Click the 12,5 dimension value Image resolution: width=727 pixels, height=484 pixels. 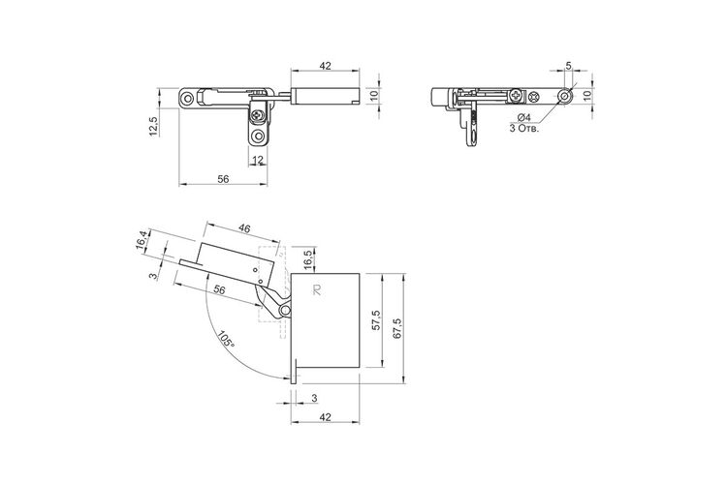coord(154,126)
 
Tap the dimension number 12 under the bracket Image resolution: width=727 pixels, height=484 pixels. coord(258,160)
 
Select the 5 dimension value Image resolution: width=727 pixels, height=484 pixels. coord(568,66)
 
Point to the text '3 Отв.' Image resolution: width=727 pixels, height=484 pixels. coord(524,129)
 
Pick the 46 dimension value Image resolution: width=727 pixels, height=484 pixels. coord(244,228)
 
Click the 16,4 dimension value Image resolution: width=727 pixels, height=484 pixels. coord(142,240)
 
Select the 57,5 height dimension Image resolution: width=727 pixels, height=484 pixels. coord(376,319)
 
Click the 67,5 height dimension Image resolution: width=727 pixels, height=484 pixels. coord(397,328)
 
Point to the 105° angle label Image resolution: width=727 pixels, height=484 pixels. coord(226,340)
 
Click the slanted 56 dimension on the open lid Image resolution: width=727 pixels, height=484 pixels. coord(219,289)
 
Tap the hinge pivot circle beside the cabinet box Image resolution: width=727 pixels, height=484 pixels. coord(285,310)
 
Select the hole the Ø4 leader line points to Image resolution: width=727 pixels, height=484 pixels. coord(564,97)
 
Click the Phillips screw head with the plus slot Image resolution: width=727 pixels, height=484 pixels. coord(517,97)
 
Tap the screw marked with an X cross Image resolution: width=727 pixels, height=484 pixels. coord(534,97)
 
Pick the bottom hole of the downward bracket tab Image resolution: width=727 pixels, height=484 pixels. coord(257,136)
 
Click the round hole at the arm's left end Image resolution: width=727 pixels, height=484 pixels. coord(187,98)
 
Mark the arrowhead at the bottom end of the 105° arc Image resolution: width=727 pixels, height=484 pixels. coord(286,378)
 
